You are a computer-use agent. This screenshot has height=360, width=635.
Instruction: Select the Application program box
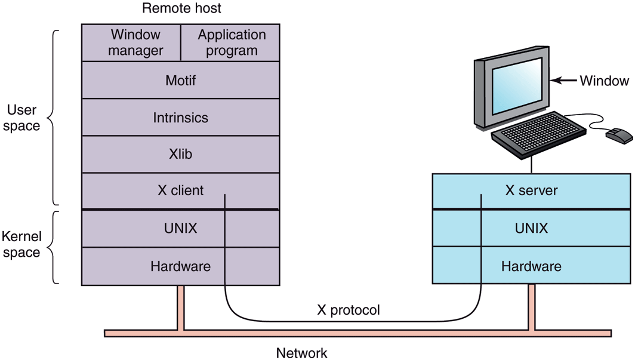pos(230,42)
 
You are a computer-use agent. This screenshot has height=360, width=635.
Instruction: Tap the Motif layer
pos(180,80)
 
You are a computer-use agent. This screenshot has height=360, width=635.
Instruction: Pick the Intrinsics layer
pos(180,117)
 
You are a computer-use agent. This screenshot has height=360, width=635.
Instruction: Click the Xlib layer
pos(180,154)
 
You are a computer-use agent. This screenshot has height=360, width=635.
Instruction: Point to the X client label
pos(180,190)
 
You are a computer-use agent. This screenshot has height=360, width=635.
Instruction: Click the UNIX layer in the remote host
pos(180,228)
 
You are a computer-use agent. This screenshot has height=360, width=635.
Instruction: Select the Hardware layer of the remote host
pos(180,266)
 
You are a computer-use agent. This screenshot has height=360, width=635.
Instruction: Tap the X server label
pos(531,190)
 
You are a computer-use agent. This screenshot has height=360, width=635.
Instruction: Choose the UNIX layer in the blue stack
pos(531,228)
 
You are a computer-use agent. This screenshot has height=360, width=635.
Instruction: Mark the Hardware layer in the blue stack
pos(531,266)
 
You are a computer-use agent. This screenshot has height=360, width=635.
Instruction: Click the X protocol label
pos(348,310)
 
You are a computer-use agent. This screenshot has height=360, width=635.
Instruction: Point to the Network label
pos(301,352)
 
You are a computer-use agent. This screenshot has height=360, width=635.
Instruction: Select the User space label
pos(23,118)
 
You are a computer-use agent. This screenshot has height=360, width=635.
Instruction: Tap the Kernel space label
pos(21,245)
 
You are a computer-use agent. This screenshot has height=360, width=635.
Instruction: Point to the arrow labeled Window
pos(563,80)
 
